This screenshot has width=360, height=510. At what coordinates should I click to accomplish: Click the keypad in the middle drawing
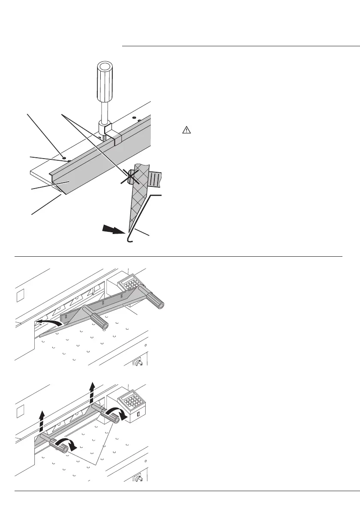(x=131, y=282)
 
